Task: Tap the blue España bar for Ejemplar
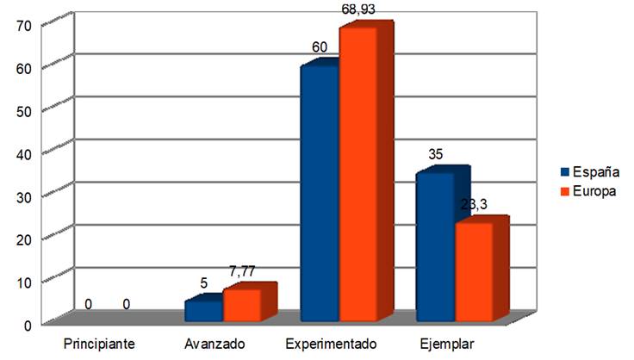tap(435, 245)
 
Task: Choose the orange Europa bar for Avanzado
tap(241, 302)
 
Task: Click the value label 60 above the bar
tap(320, 47)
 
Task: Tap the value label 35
tap(436, 155)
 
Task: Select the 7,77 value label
tap(244, 272)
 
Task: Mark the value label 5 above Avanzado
tap(205, 282)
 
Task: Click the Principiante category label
tap(99, 344)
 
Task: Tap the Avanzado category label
tap(214, 344)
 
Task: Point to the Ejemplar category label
tap(447, 344)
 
